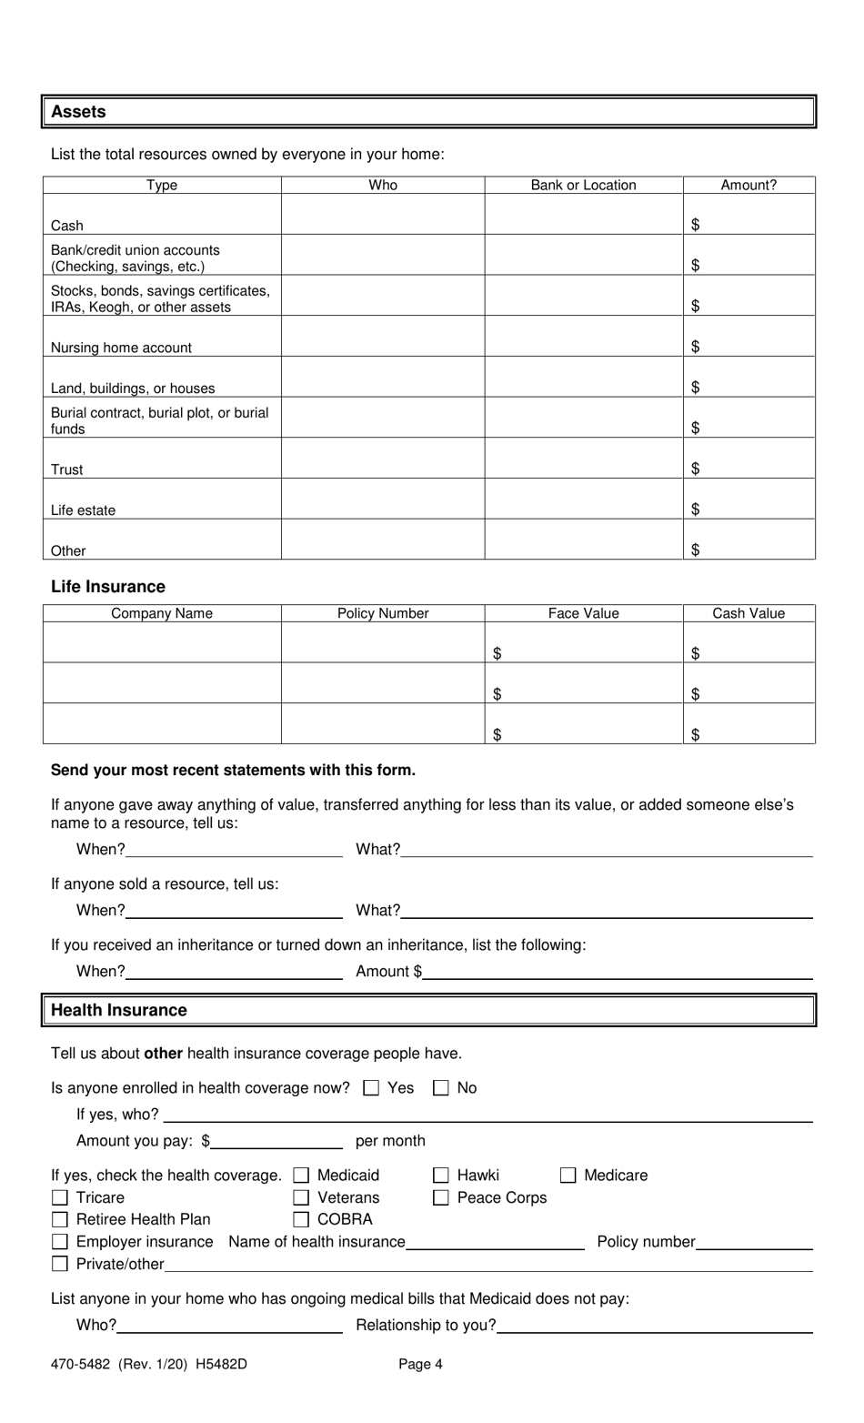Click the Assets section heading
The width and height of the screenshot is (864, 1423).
pyautogui.click(x=78, y=112)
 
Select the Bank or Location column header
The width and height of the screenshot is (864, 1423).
pyautogui.click(x=583, y=185)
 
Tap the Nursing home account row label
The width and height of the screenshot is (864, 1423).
pyautogui.click(x=121, y=348)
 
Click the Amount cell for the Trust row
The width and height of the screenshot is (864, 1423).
pyautogui.click(x=748, y=459)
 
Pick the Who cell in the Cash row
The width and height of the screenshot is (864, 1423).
pyautogui.click(x=382, y=215)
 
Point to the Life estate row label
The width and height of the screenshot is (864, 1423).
pyautogui.click(x=83, y=510)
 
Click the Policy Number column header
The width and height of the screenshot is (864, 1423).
pyautogui.click(x=382, y=613)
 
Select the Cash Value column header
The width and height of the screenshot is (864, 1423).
pyautogui.click(x=748, y=613)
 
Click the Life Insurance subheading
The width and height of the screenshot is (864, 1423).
pyautogui.click(x=108, y=587)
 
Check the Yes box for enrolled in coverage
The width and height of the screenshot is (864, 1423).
pyautogui.click(x=371, y=1088)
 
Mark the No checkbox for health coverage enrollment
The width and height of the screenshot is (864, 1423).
pyautogui.click(x=441, y=1088)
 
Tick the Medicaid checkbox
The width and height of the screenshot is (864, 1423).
pyautogui.click(x=302, y=1176)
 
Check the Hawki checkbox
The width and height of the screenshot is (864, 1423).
pyautogui.click(x=441, y=1176)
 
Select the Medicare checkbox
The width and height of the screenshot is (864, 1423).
pyautogui.click(x=568, y=1176)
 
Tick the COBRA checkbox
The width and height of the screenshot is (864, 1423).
pyautogui.click(x=302, y=1220)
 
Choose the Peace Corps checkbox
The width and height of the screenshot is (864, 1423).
pyautogui.click(x=441, y=1198)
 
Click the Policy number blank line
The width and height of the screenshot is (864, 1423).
pyautogui.click(x=754, y=1242)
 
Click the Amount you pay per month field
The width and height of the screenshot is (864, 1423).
pyautogui.click(x=276, y=1141)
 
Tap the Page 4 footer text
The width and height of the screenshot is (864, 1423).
pyautogui.click(x=420, y=1364)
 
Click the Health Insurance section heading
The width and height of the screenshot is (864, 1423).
pyautogui.click(x=119, y=1010)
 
